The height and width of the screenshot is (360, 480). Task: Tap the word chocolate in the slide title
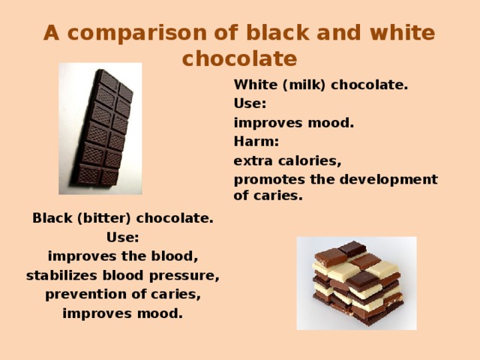[x=239, y=58]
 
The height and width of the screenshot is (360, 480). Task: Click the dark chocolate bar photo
[x=100, y=128]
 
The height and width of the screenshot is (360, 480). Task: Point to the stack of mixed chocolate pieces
[x=356, y=283]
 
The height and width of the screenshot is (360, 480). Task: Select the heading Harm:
[x=256, y=141]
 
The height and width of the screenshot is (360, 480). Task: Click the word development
[x=393, y=179]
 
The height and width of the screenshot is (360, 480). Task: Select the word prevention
[x=79, y=295]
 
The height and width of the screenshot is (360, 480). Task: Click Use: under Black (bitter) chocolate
[x=122, y=238]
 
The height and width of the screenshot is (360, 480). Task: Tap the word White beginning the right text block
[x=253, y=85]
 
